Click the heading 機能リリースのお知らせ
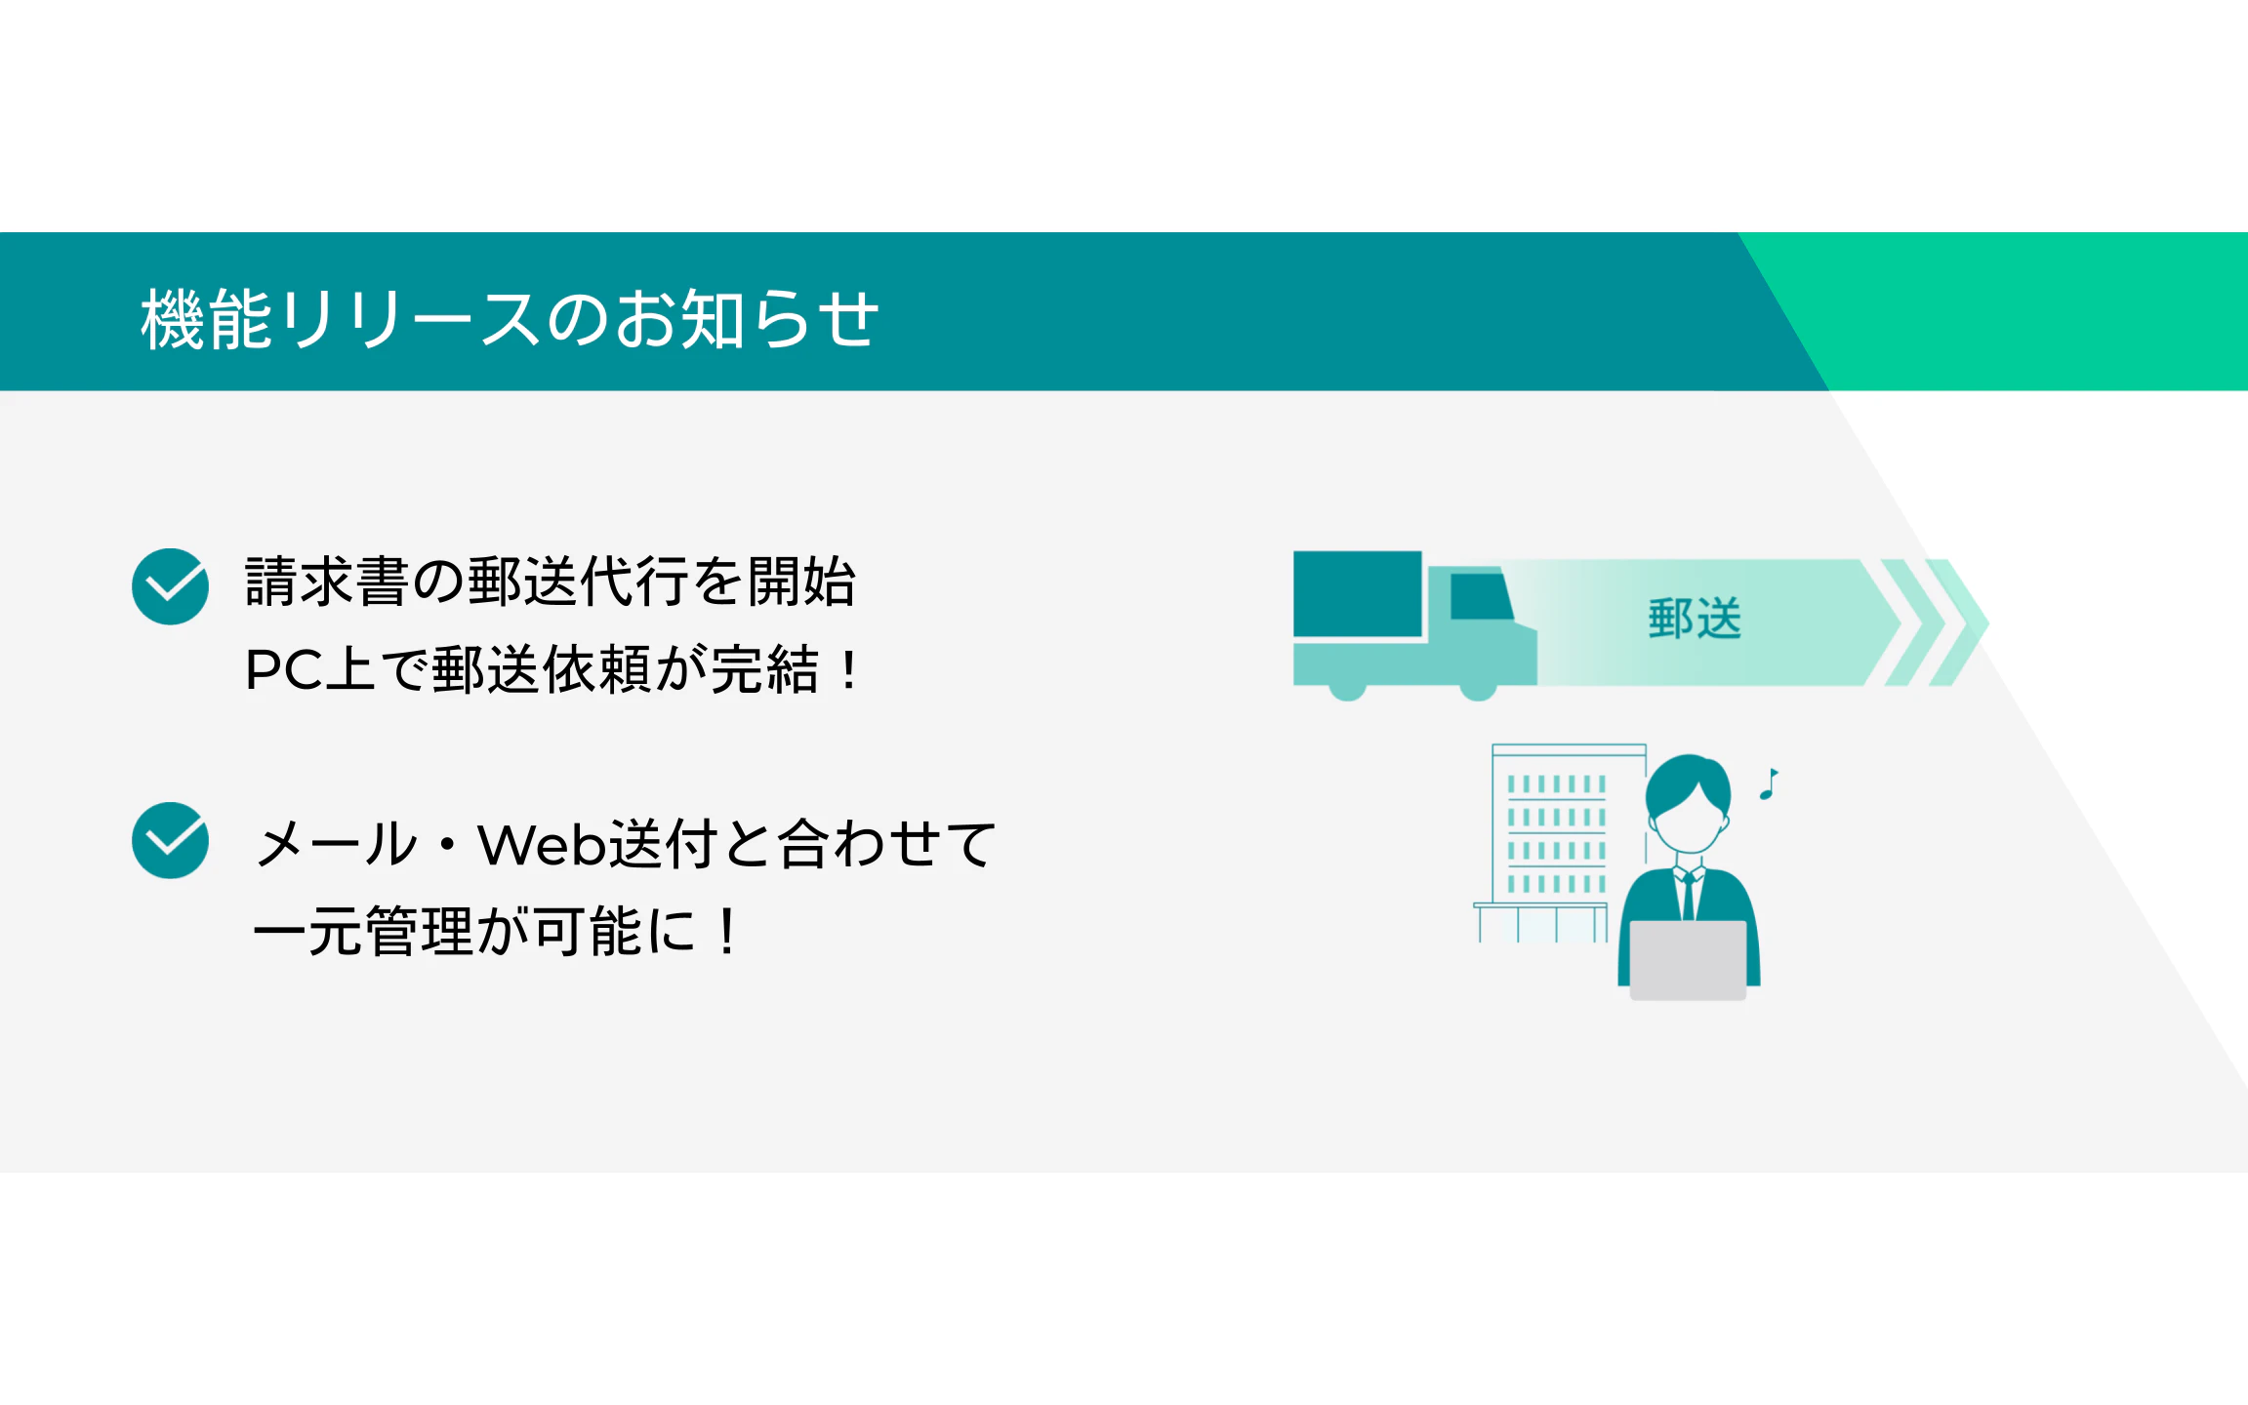[x=510, y=318]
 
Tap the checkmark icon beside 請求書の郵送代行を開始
[x=170, y=586]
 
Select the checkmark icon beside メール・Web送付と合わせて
[x=170, y=840]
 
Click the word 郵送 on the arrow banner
[x=1695, y=619]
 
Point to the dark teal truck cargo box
[x=1358, y=594]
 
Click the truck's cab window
[x=1481, y=596]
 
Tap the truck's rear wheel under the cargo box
[x=1348, y=691]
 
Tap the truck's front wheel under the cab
[x=1478, y=691]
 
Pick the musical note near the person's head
[x=1769, y=783]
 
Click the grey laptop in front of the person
[x=1688, y=960]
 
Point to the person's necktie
[x=1689, y=896]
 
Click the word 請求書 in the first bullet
[x=327, y=582]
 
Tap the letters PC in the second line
[x=284, y=670]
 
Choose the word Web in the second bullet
[x=542, y=844]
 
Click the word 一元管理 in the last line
[x=363, y=931]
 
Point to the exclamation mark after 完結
[x=849, y=670]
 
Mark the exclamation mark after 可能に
[x=727, y=932]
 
